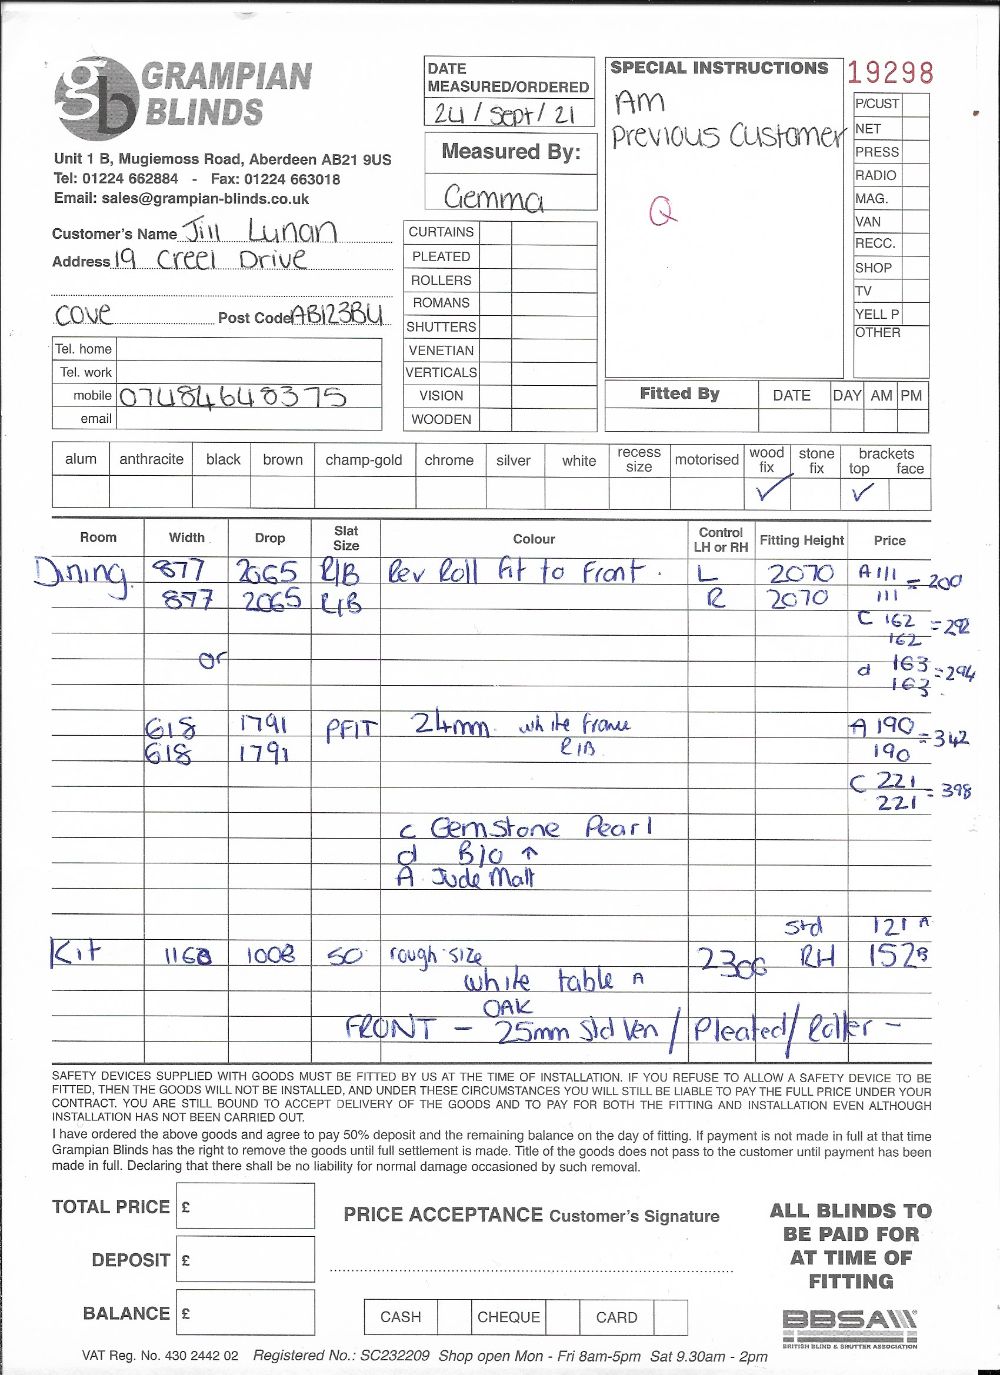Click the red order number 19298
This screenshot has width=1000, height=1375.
coord(889,73)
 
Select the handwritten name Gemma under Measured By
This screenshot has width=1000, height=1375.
coord(493,198)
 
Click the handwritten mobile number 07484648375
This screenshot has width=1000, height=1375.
coord(232,397)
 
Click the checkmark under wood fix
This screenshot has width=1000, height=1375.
coord(771,489)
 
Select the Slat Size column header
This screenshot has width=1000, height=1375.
coord(346,538)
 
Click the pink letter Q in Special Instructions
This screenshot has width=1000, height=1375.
coord(662,211)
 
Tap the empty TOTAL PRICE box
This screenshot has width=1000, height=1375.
coord(246,1206)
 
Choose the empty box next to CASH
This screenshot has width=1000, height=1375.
coord(454,1317)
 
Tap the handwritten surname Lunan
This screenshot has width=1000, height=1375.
coord(292,231)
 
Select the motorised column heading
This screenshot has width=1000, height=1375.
coord(706,459)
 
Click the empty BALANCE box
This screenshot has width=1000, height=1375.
coord(246,1312)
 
